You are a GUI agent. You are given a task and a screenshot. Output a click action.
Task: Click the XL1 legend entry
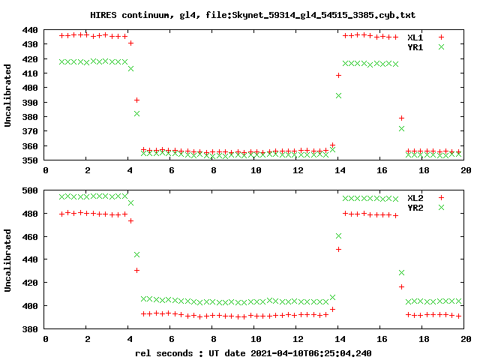(415, 37)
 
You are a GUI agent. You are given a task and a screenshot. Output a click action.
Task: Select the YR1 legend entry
(415, 46)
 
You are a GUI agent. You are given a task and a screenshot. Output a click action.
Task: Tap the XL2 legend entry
(415, 197)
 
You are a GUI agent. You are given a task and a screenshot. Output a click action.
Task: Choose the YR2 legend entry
(415, 207)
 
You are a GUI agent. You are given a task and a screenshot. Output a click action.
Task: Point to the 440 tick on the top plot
(30, 30)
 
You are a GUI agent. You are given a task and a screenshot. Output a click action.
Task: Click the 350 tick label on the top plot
(30, 160)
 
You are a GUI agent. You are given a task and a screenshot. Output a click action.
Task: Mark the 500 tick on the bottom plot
(30, 190)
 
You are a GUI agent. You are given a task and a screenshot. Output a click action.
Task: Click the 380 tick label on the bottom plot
(30, 328)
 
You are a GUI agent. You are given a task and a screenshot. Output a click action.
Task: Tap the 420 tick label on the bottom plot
(30, 283)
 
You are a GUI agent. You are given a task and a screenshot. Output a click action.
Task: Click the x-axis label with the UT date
(253, 352)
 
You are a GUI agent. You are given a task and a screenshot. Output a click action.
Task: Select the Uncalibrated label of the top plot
(8, 95)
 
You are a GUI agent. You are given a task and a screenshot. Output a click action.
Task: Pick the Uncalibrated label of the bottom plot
(8, 259)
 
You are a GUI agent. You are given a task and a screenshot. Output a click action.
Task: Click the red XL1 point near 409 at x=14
(338, 75)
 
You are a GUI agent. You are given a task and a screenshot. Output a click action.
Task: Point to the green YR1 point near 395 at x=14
(338, 95)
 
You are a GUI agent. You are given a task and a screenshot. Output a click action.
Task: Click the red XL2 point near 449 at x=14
(338, 249)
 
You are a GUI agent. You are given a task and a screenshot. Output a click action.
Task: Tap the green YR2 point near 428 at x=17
(401, 273)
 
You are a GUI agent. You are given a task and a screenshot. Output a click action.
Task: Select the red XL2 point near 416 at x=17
(401, 286)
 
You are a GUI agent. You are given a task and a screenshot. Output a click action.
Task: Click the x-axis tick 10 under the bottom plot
(256, 339)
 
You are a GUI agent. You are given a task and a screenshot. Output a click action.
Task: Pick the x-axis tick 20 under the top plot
(465, 171)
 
